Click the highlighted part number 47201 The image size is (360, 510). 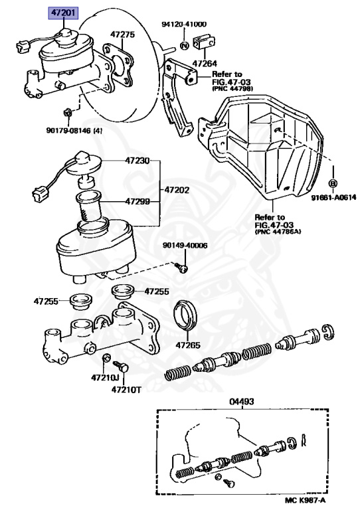(x=63, y=13)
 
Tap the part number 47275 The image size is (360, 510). (x=122, y=35)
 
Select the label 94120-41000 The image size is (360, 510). (x=184, y=25)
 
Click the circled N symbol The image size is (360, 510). (x=185, y=45)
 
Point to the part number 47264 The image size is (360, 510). (x=205, y=64)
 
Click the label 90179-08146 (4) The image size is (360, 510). (x=74, y=131)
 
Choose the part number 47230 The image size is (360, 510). (x=137, y=161)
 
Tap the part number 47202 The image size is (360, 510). (x=177, y=190)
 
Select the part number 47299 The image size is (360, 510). (x=137, y=202)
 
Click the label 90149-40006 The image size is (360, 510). (x=185, y=245)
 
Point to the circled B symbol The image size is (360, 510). (x=333, y=183)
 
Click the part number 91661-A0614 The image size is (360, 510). (x=333, y=197)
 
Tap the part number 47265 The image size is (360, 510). (x=188, y=345)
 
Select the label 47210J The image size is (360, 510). (x=105, y=378)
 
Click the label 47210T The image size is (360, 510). (x=126, y=389)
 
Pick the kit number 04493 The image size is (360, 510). (x=242, y=402)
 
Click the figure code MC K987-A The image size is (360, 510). (x=305, y=500)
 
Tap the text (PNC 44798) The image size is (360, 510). (x=232, y=88)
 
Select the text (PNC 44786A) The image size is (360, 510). (x=278, y=232)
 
